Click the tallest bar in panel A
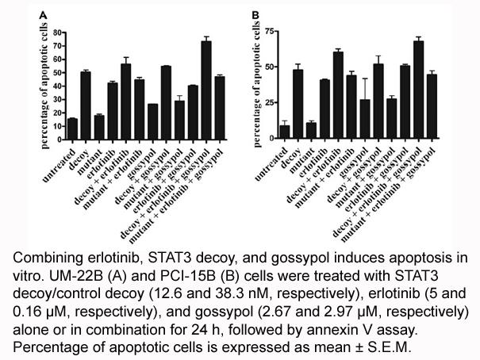(206, 90)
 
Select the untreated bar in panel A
(72, 129)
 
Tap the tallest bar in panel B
(418, 90)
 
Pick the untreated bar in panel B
(285, 132)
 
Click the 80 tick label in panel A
(58, 33)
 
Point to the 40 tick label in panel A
(58, 86)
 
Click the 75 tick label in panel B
(270, 31)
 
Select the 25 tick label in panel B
(270, 102)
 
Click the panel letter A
(43, 15)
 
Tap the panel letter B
(255, 15)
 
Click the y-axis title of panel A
(44, 86)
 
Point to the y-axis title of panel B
(256, 84)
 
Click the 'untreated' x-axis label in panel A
(59, 165)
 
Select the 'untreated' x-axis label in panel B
(271, 164)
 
